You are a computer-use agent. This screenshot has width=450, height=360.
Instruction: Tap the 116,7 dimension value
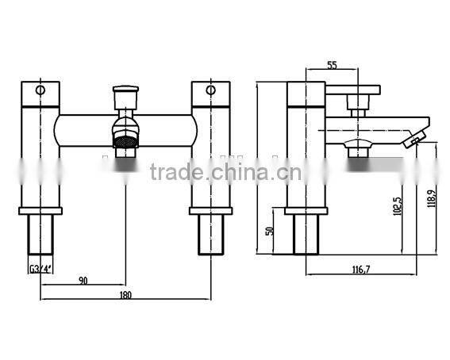tap(364, 270)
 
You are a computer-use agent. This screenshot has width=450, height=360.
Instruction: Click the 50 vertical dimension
tap(269, 230)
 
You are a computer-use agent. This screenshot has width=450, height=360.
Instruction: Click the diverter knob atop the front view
tap(124, 99)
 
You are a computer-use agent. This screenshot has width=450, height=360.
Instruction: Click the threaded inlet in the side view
tap(306, 235)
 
